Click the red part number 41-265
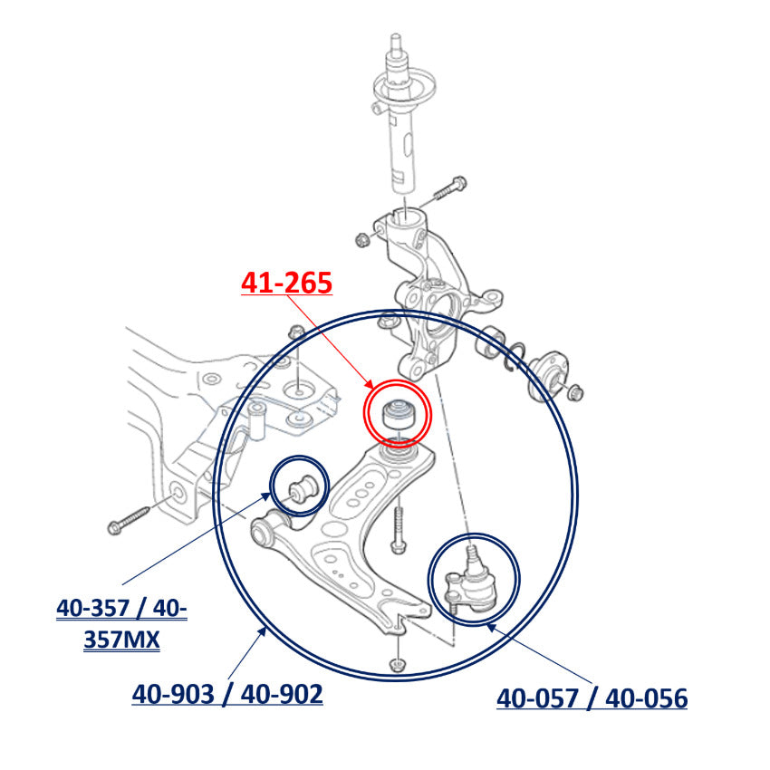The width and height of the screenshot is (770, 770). click(286, 283)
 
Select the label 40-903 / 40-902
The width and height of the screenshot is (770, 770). click(227, 694)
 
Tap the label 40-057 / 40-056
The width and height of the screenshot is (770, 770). click(592, 698)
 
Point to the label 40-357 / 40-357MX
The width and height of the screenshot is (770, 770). click(121, 623)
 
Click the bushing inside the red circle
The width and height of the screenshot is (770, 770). click(398, 415)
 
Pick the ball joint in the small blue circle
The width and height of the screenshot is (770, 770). click(470, 579)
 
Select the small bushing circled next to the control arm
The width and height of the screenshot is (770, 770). click(303, 488)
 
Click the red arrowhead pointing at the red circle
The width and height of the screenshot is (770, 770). click(369, 386)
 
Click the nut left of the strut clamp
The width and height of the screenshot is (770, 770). click(362, 239)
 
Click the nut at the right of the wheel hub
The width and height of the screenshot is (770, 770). click(575, 392)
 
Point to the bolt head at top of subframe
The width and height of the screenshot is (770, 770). click(297, 332)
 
